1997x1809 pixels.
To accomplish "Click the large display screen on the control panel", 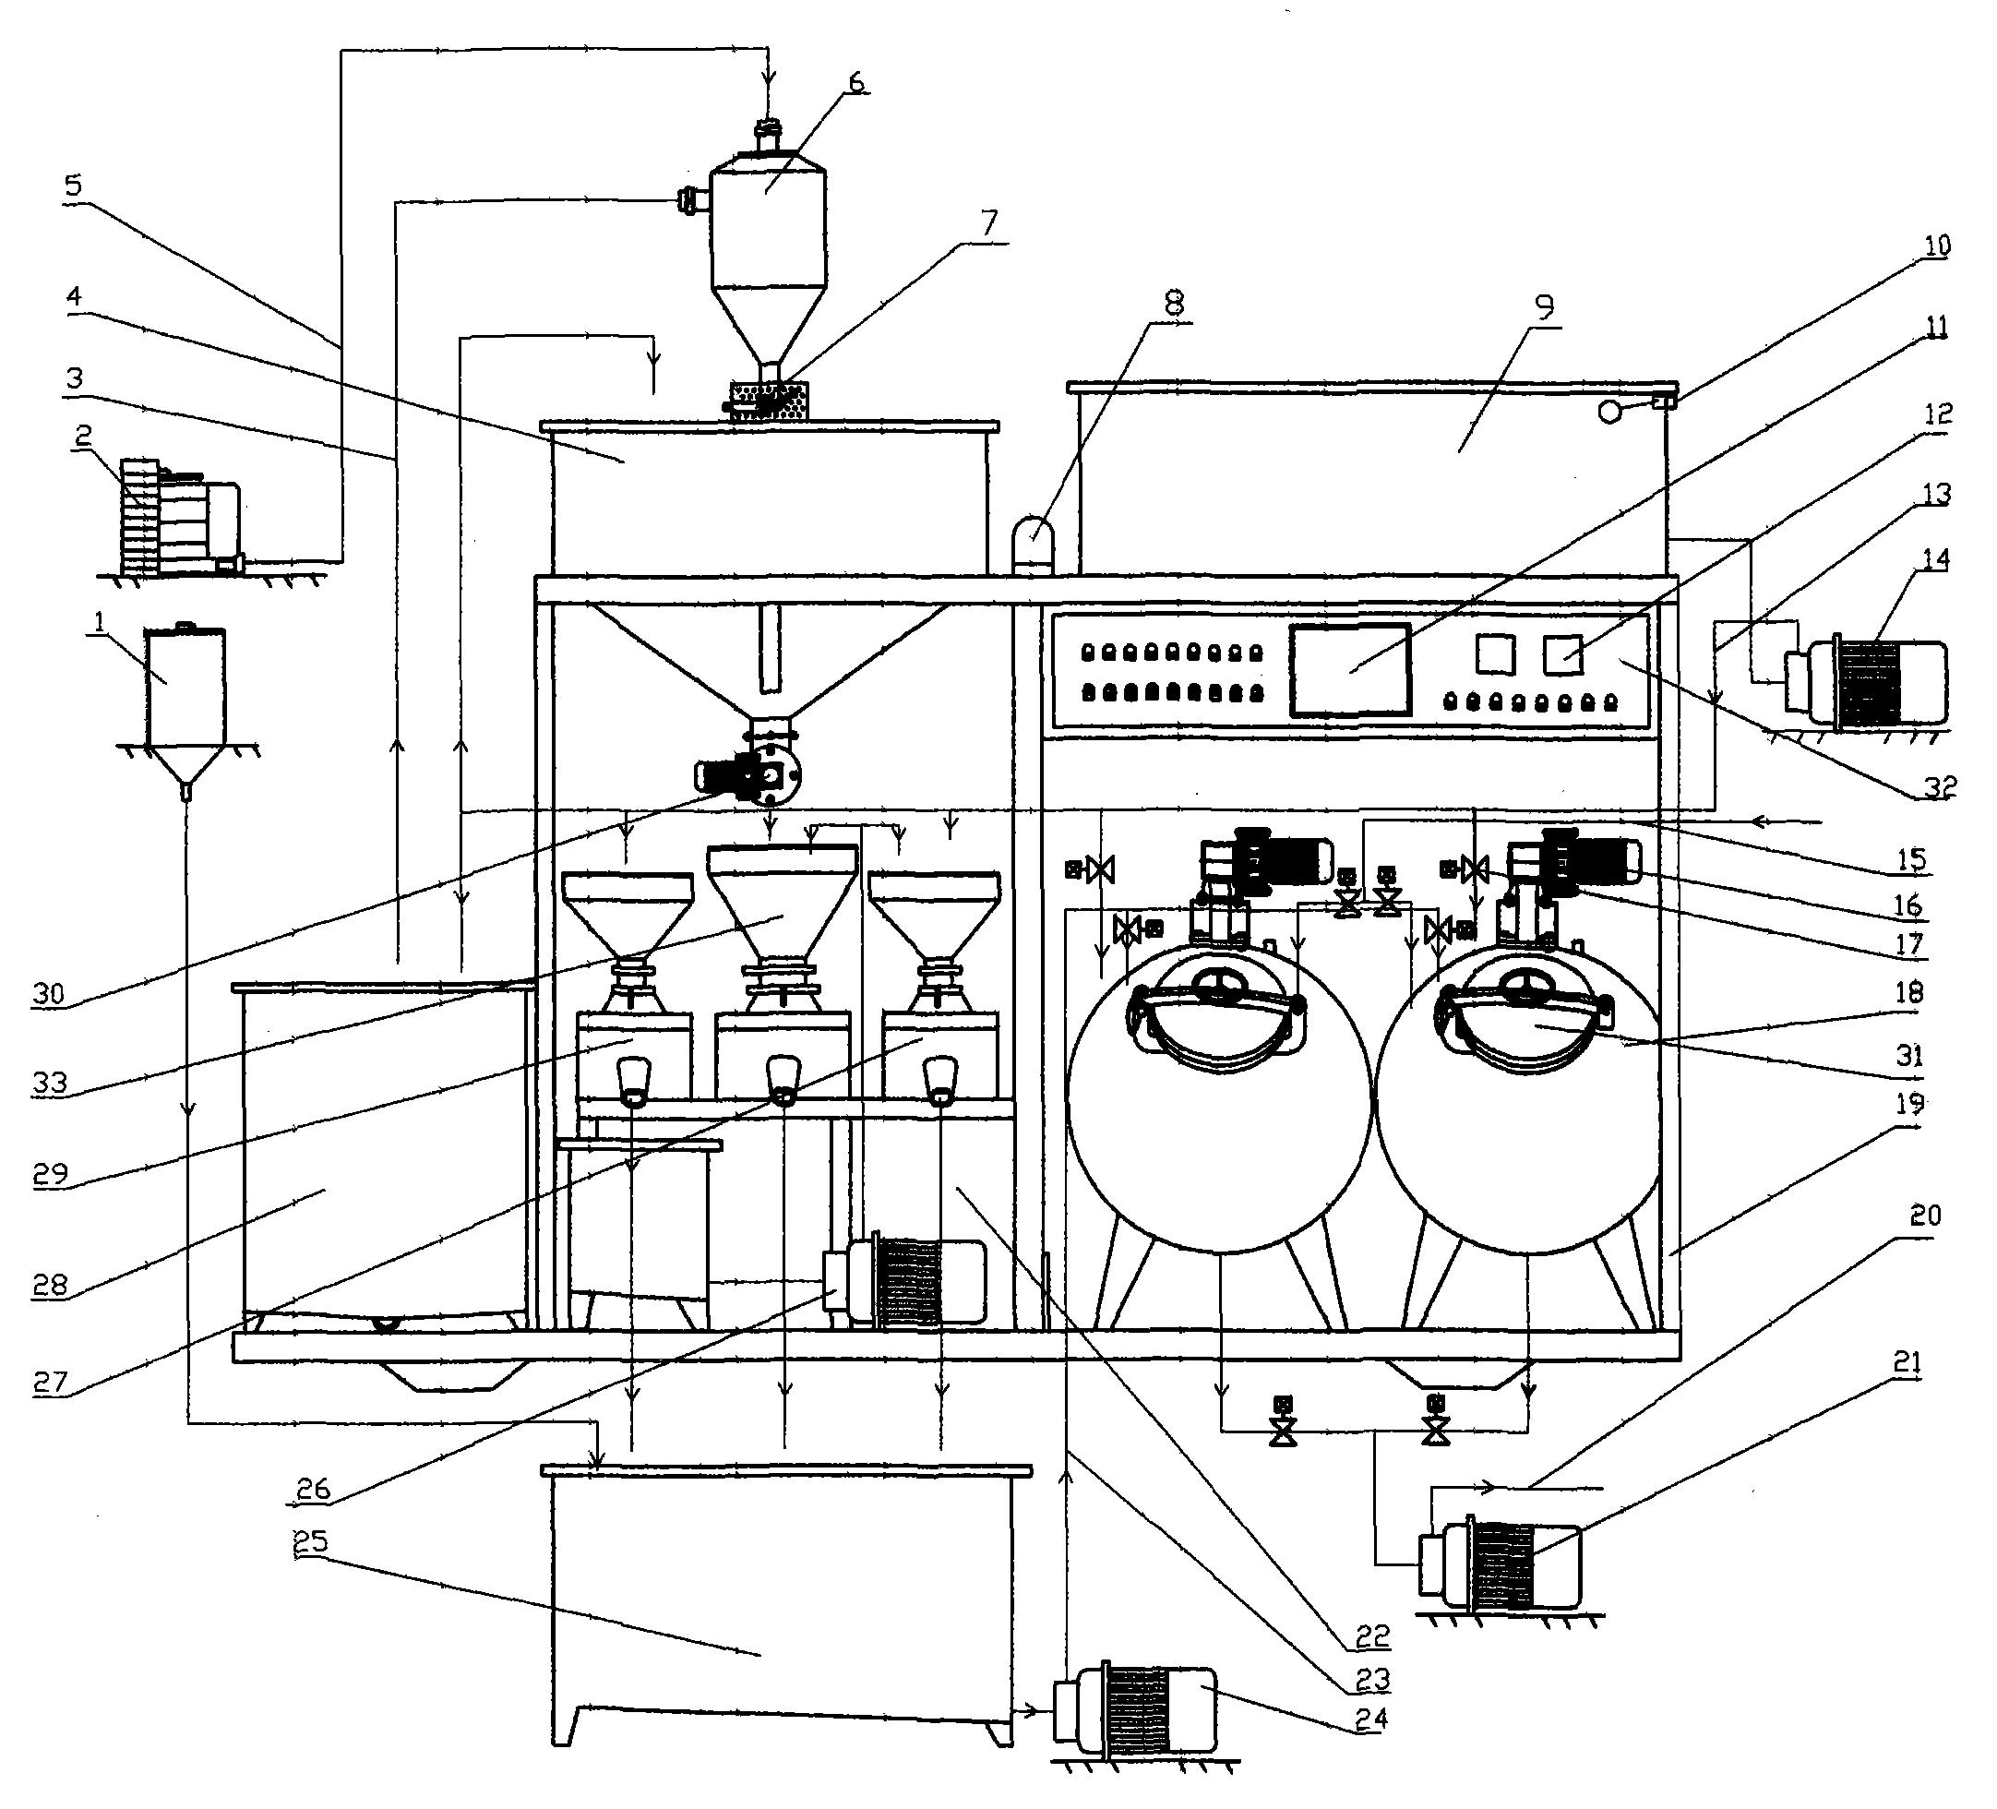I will click(1350, 670).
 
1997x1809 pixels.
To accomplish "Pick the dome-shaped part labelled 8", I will click(1032, 544).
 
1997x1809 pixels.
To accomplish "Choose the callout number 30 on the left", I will click(48, 994).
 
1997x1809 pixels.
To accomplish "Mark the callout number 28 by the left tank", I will click(50, 1285).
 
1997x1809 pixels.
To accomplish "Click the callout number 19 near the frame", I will click(1908, 1103).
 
